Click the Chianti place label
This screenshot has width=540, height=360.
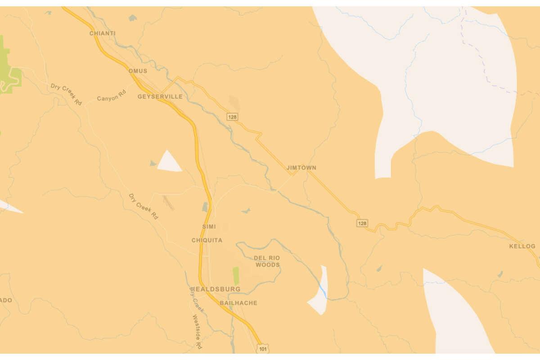[x=103, y=33]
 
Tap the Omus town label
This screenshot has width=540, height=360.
[x=138, y=71]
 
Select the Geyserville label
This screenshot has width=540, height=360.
[x=160, y=97]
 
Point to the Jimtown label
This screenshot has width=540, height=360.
[x=301, y=168]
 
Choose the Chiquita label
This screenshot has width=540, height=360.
[x=207, y=240]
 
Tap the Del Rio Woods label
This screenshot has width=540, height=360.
[x=268, y=261]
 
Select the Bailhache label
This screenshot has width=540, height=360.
[x=238, y=303]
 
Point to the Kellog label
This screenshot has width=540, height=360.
[x=522, y=247]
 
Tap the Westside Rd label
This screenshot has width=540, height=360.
[x=197, y=332]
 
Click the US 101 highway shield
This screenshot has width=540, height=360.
[x=263, y=348]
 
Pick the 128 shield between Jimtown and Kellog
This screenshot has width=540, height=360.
[x=362, y=223]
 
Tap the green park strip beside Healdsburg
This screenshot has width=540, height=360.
[x=236, y=275]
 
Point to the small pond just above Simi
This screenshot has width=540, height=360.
[x=205, y=207]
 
